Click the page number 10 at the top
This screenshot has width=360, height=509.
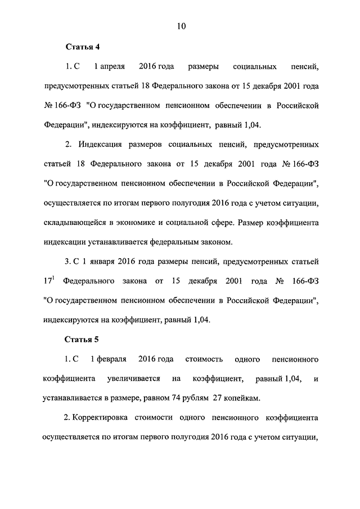pos(181,26)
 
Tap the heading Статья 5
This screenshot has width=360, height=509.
pos(82,339)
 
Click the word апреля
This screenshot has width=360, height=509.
pos(110,67)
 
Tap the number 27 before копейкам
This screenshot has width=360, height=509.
pos(218,398)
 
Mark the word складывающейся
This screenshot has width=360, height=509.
pos(73,222)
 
